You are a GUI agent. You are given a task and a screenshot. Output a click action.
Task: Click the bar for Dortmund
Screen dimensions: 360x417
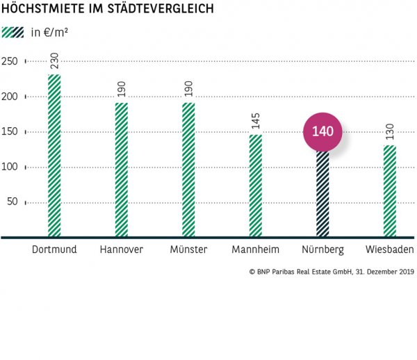point(54,156)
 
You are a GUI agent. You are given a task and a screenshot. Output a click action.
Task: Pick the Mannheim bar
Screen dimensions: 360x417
point(256,186)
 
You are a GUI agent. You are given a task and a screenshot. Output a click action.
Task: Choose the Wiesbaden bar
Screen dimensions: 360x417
point(390,191)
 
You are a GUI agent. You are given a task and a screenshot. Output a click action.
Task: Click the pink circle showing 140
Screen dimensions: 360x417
point(323,131)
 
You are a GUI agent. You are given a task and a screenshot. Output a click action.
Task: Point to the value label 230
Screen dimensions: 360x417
point(54,60)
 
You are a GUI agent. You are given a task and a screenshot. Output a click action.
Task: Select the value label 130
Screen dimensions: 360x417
point(390,131)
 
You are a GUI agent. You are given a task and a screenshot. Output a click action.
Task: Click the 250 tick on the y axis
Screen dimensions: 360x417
point(10,61)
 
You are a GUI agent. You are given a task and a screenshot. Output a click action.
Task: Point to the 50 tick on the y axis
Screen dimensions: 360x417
point(13,203)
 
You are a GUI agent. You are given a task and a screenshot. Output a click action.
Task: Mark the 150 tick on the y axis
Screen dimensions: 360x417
point(10,132)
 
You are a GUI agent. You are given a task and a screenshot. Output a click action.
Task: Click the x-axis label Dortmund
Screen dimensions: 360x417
point(54,249)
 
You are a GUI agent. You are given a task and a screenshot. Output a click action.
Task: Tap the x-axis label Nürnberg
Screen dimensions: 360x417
point(322,249)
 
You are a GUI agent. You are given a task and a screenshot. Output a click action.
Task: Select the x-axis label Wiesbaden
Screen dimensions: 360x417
point(390,249)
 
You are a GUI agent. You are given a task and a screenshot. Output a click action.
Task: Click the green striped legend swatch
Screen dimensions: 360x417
point(13,33)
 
